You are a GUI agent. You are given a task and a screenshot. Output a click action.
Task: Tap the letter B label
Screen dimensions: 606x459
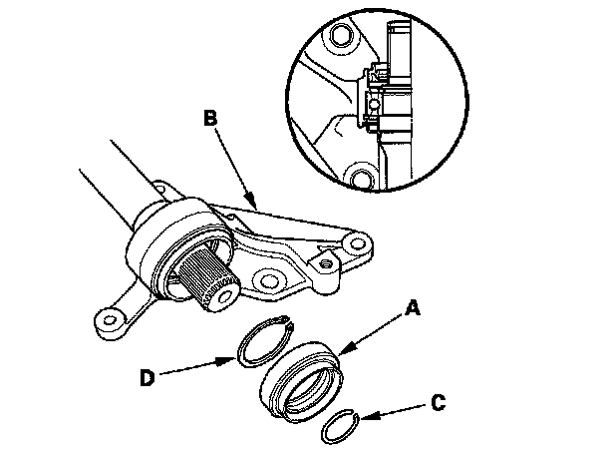click(x=210, y=118)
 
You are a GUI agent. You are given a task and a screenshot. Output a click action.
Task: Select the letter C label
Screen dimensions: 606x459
click(x=438, y=402)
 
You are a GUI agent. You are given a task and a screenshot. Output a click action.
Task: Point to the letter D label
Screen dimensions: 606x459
click(x=147, y=377)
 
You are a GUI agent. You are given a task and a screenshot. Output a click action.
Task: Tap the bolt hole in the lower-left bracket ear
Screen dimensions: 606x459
click(x=111, y=319)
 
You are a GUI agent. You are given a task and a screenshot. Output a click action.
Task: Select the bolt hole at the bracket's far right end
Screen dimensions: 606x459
click(x=357, y=243)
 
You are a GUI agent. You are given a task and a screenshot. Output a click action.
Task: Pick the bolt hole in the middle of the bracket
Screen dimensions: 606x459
click(x=268, y=281)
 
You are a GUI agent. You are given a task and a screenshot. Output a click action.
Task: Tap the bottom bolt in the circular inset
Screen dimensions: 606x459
click(x=363, y=177)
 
